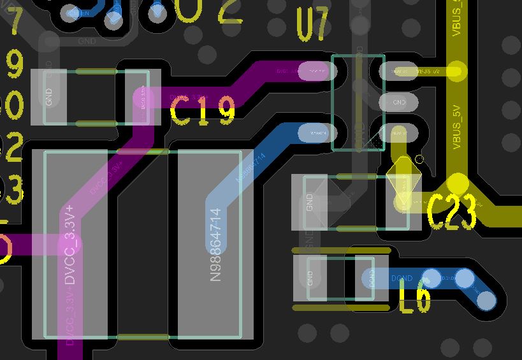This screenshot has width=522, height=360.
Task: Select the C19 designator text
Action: pyautogui.click(x=203, y=112)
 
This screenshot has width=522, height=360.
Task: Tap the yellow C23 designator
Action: pyautogui.click(x=452, y=212)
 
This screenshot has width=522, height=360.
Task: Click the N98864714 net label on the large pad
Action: pyautogui.click(x=217, y=245)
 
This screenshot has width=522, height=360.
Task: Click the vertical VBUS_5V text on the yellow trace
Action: pyautogui.click(x=456, y=127)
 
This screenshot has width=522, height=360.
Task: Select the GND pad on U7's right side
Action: pyautogui.click(x=399, y=102)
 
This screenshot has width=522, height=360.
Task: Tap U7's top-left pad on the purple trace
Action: pyautogui.click(x=314, y=71)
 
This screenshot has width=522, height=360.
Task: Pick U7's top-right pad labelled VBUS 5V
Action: pyautogui.click(x=399, y=71)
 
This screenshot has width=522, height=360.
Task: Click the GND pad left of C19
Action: pyautogui.click(x=49, y=96)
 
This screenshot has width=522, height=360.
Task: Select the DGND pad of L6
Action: pyautogui.click(x=372, y=278)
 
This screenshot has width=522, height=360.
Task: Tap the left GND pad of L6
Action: pyautogui.click(x=310, y=278)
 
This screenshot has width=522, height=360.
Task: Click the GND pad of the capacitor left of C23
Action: pyautogui.click(x=310, y=203)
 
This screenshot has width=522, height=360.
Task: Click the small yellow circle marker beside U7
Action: pyautogui.click(x=419, y=159)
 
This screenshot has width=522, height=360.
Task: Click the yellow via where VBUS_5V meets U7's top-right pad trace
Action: pyautogui.click(x=456, y=70)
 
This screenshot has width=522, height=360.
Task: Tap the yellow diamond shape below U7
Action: pyautogui.click(x=402, y=175)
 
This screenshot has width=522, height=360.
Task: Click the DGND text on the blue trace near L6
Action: pyautogui.click(x=402, y=278)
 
